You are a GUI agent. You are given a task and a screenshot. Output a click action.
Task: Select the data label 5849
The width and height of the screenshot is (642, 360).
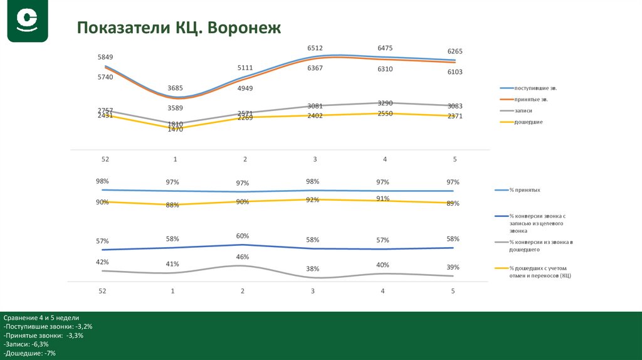coord(105,57)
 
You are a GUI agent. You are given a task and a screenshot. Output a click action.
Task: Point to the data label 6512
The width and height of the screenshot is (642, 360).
coord(315,48)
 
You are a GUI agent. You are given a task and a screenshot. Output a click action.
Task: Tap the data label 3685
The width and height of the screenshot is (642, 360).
coord(174,88)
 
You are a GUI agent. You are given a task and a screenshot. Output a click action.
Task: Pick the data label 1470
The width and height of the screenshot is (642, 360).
coord(175,129)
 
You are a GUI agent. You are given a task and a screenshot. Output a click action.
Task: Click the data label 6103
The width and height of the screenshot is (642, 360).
coord(455,72)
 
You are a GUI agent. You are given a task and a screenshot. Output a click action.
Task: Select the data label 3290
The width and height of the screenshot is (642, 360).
coord(385,103)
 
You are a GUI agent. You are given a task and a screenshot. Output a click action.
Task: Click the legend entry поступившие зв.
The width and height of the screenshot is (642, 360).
coord(535,88)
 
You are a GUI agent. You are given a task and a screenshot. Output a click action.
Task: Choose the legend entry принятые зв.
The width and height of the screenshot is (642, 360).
coord(532,100)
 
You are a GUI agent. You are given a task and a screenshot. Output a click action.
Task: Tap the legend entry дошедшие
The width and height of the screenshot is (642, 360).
coord(528,122)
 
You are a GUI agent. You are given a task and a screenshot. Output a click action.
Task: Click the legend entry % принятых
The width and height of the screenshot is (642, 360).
coord(525,189)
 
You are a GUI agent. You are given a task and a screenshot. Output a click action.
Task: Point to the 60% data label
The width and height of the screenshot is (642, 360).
coord(243,236)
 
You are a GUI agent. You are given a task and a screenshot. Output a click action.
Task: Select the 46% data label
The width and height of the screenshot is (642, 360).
coord(243,257)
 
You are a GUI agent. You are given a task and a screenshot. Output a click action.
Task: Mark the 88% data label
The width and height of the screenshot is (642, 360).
coord(173,204)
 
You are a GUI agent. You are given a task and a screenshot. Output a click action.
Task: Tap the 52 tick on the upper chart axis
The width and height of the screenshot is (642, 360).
coord(105,159)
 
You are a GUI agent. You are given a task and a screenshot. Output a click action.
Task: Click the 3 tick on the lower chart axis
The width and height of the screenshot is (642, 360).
coord(313,291)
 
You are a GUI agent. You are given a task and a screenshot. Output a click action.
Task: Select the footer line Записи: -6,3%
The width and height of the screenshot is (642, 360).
coord(26,344)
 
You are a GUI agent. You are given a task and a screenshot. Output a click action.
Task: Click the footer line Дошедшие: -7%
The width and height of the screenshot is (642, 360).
coord(29,353)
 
